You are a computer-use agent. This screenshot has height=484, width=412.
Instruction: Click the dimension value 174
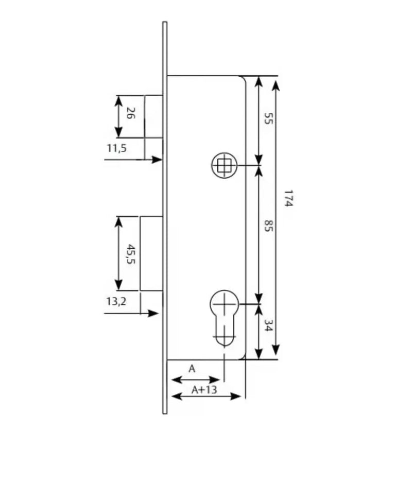288,198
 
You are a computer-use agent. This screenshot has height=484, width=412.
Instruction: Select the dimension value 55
268,118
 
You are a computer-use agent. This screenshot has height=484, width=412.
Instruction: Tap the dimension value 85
268,226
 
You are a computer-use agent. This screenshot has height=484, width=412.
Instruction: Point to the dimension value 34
268,325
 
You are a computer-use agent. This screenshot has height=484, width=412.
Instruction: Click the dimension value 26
131,113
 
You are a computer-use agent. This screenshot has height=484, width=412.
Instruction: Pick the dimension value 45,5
131,254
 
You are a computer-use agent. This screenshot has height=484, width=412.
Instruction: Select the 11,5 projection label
117,148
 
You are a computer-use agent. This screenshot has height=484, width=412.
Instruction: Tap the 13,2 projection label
116,301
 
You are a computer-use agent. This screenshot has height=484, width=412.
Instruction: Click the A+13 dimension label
204,390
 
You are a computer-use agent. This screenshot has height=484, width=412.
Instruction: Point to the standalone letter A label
192,369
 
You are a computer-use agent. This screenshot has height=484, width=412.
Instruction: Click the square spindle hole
224,165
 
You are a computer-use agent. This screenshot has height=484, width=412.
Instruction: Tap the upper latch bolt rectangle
153,116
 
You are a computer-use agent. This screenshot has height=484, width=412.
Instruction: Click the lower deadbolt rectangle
151,253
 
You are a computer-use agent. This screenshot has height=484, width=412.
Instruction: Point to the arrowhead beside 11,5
157,160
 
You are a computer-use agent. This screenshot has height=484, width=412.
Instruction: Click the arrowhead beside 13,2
153,313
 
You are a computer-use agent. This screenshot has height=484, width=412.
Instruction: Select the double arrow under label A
195,379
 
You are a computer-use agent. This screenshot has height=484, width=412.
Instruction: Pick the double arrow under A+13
205,396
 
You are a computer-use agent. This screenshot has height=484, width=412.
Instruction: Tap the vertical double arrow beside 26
118,116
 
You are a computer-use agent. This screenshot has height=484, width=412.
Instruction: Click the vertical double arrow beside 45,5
118,253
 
